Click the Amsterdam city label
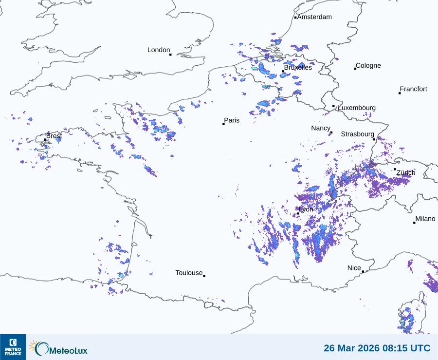(314, 17)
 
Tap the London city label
(159, 50)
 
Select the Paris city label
(232, 120)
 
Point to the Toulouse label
(189, 273)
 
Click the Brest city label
(54, 136)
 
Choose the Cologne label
(368, 66)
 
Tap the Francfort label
(413, 89)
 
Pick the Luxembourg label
(357, 108)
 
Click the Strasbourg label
(357, 134)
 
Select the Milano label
(425, 219)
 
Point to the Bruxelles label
(298, 68)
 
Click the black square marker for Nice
(363, 271)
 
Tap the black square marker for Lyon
(298, 213)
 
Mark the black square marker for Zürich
(395, 169)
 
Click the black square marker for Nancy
(331, 133)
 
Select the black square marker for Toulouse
(204, 276)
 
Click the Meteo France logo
(13, 347)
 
